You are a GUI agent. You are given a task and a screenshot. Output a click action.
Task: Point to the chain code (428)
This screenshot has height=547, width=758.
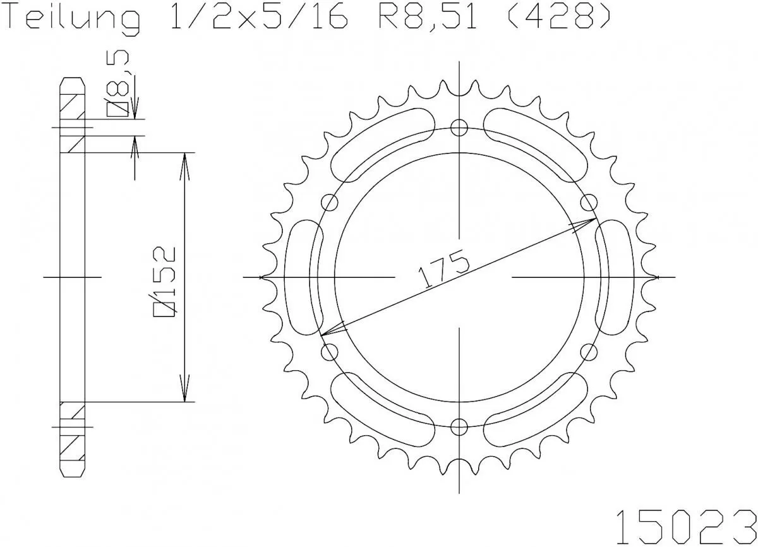click(x=559, y=19)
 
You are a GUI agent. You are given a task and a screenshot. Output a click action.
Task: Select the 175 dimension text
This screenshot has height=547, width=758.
click(x=442, y=270)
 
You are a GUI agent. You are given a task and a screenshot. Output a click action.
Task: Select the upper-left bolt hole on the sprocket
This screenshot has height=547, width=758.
click(x=330, y=202)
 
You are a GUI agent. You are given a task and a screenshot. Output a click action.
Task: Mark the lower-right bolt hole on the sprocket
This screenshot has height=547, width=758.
click(x=589, y=351)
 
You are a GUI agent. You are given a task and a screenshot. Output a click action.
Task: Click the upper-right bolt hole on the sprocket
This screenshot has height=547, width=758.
click(x=589, y=202)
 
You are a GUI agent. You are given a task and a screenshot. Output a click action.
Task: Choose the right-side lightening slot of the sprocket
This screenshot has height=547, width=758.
click(x=615, y=277)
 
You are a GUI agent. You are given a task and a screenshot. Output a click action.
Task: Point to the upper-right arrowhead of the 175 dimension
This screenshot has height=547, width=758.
click(x=587, y=222)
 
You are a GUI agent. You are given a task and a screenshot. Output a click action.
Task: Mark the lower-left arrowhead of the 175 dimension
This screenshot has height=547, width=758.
click(x=330, y=330)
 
